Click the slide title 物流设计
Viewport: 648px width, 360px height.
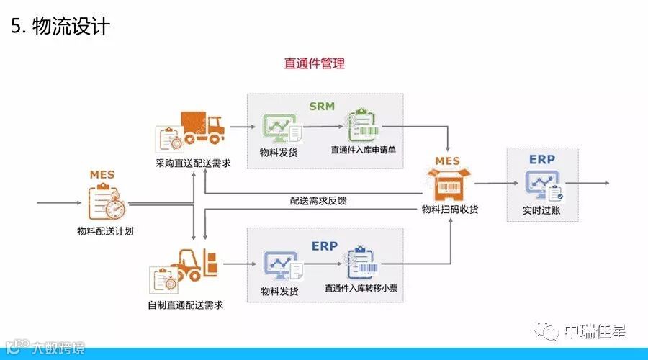pos(60,27)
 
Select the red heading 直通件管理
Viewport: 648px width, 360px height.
pos(315,63)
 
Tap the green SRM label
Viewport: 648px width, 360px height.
pos(323,107)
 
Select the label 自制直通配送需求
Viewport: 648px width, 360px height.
pos(185,305)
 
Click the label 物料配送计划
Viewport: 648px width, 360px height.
pos(104,230)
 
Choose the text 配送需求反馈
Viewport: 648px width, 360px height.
pos(318,201)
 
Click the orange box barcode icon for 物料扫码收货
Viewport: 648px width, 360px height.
pos(448,184)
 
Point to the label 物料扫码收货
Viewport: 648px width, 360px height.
pos(450,210)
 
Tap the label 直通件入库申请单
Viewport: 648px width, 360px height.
pos(363,151)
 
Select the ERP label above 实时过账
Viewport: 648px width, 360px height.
pos(541,158)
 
